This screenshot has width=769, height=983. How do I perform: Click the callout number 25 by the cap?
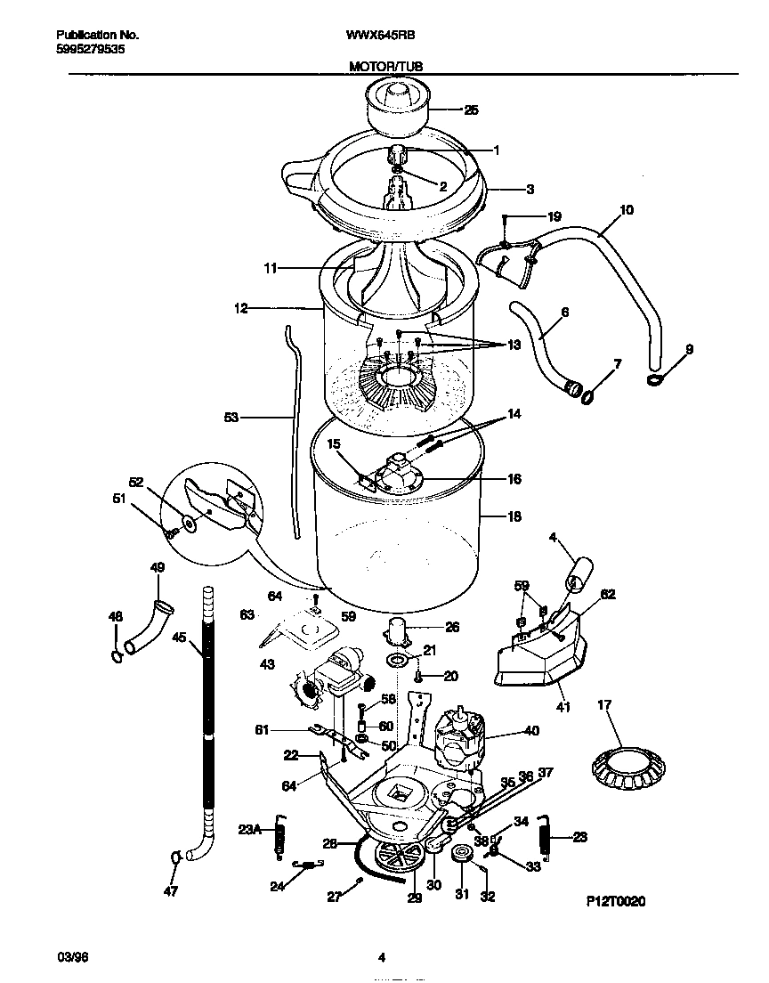pyautogui.click(x=471, y=110)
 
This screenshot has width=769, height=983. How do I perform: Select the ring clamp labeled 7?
pyautogui.click(x=588, y=394)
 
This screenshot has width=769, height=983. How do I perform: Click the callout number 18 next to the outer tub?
pyautogui.click(x=514, y=516)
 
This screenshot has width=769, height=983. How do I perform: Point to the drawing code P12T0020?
pyautogui.click(x=615, y=901)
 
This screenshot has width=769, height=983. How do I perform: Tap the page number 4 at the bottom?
pyautogui.click(x=382, y=958)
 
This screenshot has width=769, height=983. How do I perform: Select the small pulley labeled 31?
pyautogui.click(x=461, y=856)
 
